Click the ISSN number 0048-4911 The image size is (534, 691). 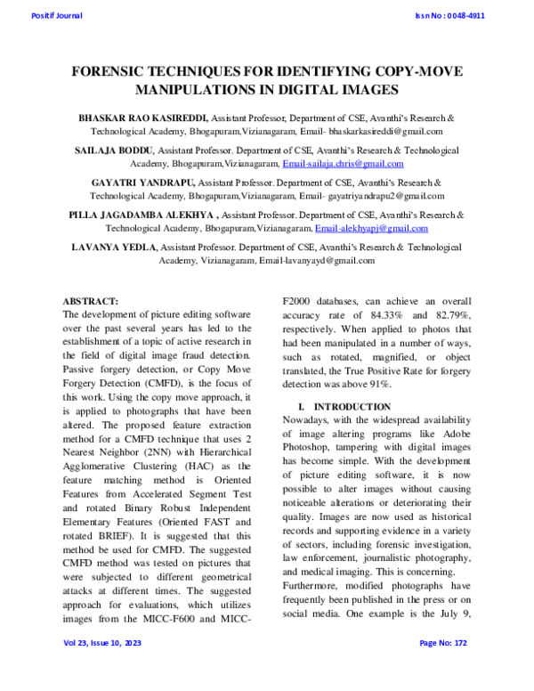coord(449,15)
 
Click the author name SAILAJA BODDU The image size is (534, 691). coord(112,150)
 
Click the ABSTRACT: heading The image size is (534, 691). coord(91,302)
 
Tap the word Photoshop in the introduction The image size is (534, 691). coord(308,447)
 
